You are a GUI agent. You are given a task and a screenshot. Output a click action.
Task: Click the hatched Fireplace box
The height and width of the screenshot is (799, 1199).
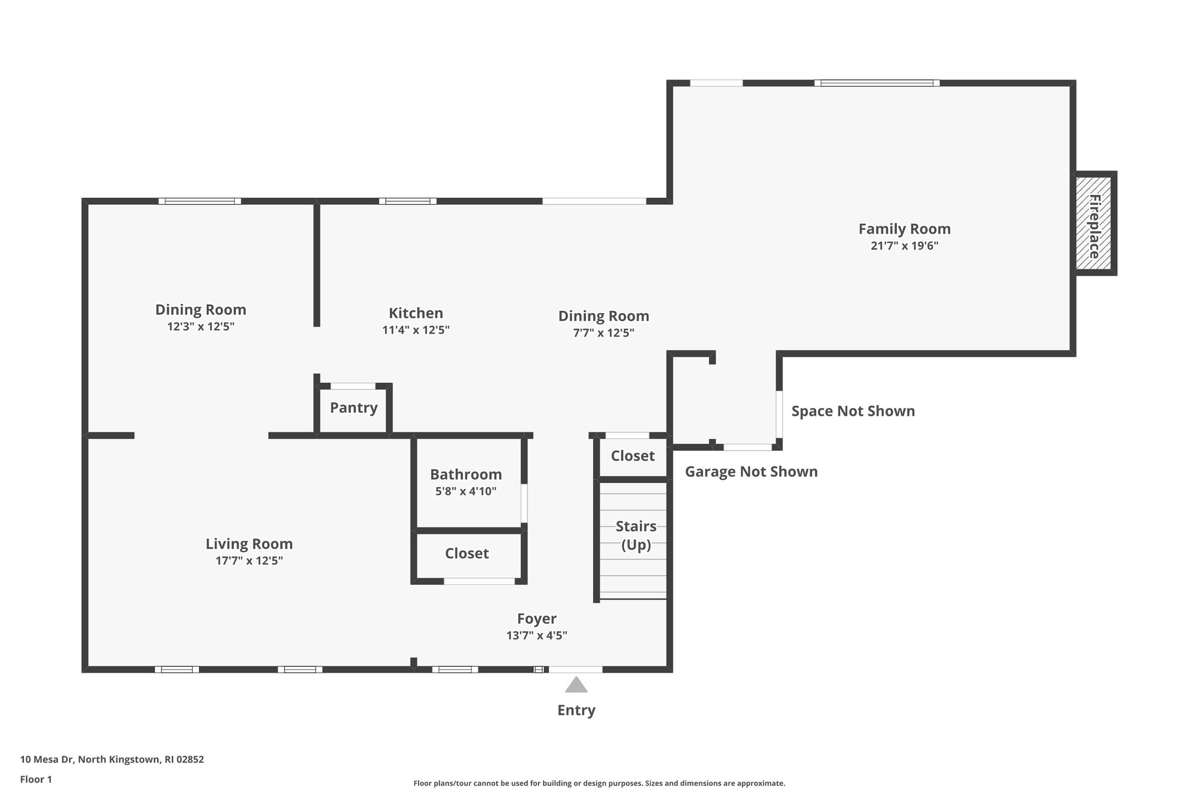pyautogui.click(x=1094, y=224)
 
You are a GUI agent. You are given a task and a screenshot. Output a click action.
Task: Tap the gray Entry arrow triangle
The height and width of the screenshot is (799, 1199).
pyautogui.click(x=576, y=685)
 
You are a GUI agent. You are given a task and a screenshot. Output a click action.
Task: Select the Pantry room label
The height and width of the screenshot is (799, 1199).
pyautogui.click(x=354, y=408)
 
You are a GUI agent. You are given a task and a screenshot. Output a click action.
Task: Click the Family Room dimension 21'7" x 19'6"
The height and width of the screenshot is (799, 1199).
pyautogui.click(x=904, y=246)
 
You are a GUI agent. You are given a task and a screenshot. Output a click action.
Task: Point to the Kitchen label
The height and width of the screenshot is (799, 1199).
pyautogui.click(x=416, y=313)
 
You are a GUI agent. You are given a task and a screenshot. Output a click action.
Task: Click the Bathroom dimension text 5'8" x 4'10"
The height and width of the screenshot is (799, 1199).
pyautogui.click(x=465, y=491)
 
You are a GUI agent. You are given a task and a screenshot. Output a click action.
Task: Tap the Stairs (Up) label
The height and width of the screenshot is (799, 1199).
pyautogui.click(x=636, y=535)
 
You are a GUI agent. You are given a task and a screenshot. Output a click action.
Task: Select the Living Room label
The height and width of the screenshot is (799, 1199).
pyautogui.click(x=249, y=544)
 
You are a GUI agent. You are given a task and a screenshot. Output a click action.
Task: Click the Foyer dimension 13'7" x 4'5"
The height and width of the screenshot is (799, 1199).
pyautogui.click(x=536, y=635)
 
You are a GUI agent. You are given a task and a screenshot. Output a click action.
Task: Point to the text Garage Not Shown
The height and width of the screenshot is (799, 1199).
pyautogui.click(x=751, y=472)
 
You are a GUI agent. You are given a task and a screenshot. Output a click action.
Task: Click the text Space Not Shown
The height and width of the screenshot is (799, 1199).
pyautogui.click(x=853, y=411)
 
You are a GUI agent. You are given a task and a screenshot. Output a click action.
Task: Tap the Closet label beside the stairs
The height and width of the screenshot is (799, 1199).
pyautogui.click(x=632, y=456)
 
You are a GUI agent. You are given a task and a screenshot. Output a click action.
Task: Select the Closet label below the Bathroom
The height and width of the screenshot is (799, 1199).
pyautogui.click(x=467, y=554)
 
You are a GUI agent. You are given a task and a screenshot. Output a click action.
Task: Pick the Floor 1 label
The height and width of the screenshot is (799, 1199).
pyautogui.click(x=36, y=780)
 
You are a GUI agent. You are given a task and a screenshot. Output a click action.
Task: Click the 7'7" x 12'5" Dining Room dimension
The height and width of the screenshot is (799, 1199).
pyautogui.click(x=603, y=333)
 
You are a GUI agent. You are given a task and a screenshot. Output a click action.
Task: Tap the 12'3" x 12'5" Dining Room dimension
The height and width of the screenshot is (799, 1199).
pyautogui.click(x=200, y=327)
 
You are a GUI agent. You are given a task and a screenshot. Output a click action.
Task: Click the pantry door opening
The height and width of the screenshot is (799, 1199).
pyautogui.click(x=353, y=386)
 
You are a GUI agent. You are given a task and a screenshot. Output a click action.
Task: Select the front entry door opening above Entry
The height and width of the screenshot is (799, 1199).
pyautogui.click(x=575, y=669)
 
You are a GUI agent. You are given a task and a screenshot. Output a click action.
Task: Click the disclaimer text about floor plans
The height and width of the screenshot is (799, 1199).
pyautogui.click(x=599, y=783)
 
